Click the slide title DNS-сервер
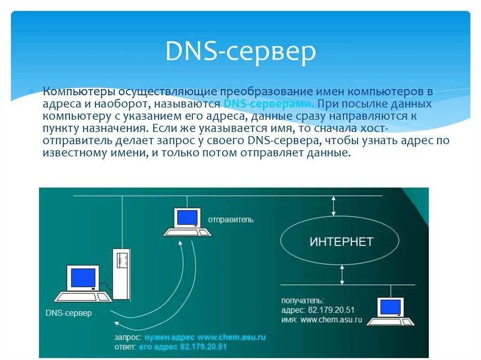click(x=240, y=52)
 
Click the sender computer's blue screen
click(x=187, y=217)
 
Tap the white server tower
click(x=121, y=274)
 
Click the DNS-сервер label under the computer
click(x=69, y=313)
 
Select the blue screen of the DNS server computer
click(x=83, y=278)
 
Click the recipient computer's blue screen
click(x=391, y=306)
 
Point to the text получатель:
click(x=303, y=300)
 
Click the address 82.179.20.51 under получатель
click(x=331, y=310)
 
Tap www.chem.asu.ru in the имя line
click(x=331, y=320)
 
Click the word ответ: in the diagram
click(x=125, y=347)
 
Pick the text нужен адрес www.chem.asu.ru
click(x=205, y=337)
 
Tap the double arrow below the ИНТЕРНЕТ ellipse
click(x=342, y=274)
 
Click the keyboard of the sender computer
click(x=187, y=232)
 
